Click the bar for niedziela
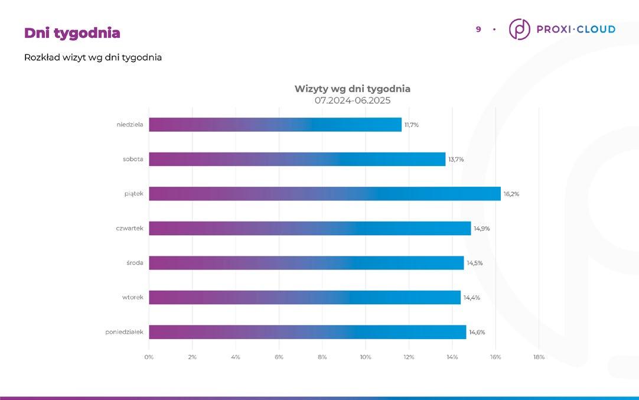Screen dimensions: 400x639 (x=275, y=125)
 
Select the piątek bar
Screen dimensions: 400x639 (x=324, y=194)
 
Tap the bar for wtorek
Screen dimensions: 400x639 (x=304, y=297)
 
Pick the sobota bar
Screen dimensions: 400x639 (x=296, y=159)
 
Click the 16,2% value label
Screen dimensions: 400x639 (x=511, y=194)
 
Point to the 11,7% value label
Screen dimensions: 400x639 (x=412, y=125)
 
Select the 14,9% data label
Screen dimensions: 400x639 (x=482, y=229)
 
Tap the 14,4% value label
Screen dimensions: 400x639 (x=471, y=298)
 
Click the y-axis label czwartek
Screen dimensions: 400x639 (x=129, y=228)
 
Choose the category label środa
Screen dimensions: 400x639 (x=135, y=263)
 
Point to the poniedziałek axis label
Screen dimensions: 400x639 (x=124, y=332)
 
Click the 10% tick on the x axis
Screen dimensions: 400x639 (x=366, y=357)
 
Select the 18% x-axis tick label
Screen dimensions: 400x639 (x=539, y=357)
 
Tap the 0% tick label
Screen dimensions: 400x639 (x=149, y=357)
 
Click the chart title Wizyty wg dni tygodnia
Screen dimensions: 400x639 (x=353, y=89)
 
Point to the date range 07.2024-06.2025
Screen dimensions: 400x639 (x=353, y=100)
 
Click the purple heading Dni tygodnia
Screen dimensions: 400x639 (x=72, y=33)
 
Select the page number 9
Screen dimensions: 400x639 (x=478, y=30)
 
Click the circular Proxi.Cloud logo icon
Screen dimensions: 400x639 (x=519, y=29)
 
